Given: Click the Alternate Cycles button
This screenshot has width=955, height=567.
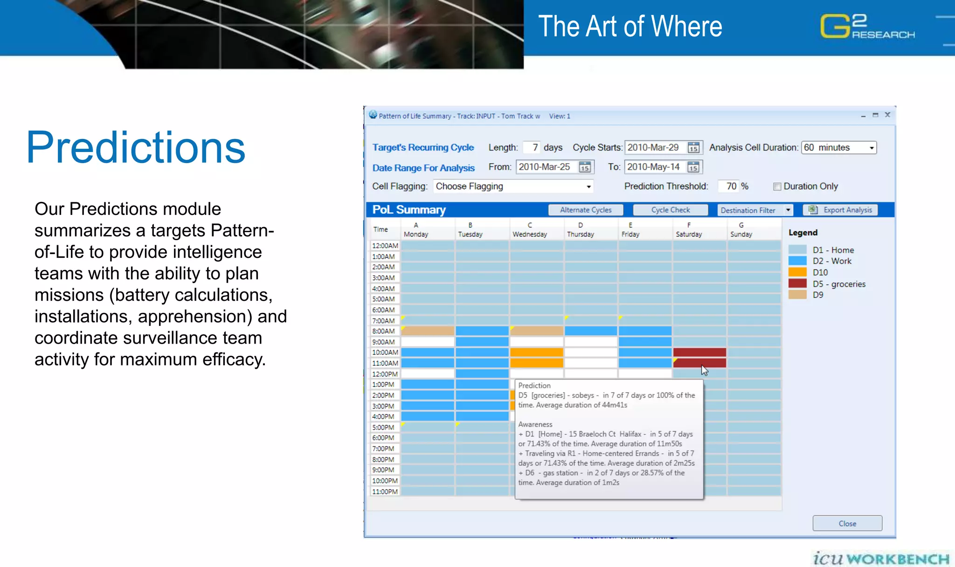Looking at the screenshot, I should [586, 210].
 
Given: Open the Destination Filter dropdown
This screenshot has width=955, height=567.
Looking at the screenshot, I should [788, 210].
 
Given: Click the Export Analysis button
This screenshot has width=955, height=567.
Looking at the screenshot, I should [841, 210].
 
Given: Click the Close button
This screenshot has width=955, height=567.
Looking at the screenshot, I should [847, 523].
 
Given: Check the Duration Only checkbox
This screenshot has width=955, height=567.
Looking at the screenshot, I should [777, 187].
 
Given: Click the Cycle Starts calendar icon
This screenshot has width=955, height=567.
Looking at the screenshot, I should [693, 148].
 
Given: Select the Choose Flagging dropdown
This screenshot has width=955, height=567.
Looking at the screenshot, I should [513, 187].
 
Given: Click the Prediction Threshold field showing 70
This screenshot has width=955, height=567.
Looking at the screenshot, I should [729, 187].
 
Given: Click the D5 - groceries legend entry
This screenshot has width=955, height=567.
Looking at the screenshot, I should [838, 284].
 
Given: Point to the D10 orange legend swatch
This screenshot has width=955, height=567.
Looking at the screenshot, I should [797, 272].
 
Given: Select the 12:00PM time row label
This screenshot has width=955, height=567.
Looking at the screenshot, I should [385, 374].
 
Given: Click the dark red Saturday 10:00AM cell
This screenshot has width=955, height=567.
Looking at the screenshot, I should [699, 352].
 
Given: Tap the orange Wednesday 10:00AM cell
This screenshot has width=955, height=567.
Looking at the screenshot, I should [536, 352].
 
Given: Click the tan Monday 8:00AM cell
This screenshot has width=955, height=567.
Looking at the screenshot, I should [428, 331].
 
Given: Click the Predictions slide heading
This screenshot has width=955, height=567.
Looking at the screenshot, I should [135, 147].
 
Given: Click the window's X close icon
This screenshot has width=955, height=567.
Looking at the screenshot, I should [887, 115].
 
